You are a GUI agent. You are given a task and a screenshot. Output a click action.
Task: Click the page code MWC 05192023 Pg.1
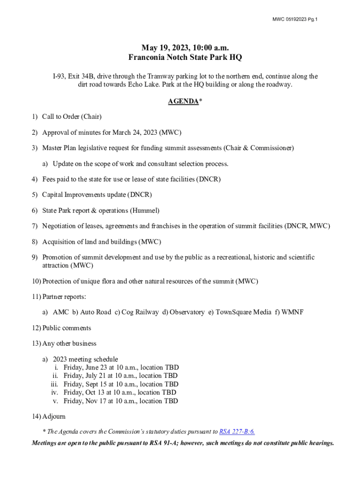(295, 19)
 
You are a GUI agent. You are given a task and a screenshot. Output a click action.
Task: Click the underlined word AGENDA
(183, 101)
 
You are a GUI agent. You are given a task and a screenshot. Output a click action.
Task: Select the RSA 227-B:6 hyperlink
(237, 432)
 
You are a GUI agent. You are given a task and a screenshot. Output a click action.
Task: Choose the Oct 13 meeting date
(93, 392)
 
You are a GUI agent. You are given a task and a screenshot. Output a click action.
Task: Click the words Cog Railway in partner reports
(140, 312)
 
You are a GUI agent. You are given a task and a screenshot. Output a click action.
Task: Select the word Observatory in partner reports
(187, 312)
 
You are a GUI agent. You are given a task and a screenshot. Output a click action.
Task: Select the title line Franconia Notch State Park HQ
(185, 58)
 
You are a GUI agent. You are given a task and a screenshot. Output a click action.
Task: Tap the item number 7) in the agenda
(35, 226)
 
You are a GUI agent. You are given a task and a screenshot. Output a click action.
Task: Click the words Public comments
(67, 328)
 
